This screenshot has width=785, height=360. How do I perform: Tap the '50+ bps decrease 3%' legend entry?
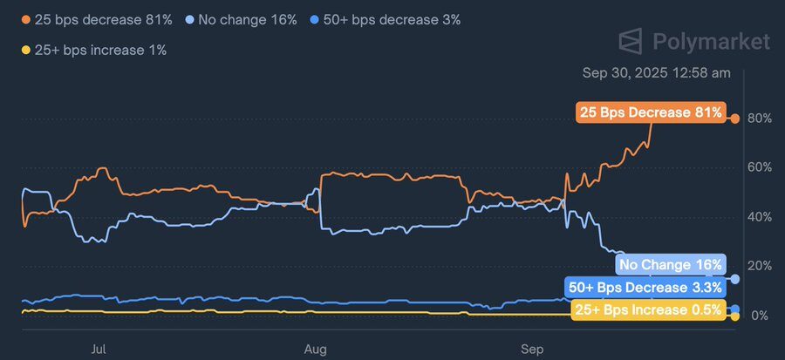click(386, 19)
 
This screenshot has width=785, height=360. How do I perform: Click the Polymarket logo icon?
click(631, 41)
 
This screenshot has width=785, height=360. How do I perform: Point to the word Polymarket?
click(711, 41)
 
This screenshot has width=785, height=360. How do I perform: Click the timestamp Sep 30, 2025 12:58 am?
click(656, 73)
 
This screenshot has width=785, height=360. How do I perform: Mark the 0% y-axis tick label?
click(759, 315)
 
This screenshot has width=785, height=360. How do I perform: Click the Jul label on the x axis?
click(99, 349)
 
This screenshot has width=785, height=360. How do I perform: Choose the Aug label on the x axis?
click(315, 349)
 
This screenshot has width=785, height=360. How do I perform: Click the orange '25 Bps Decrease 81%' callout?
click(652, 112)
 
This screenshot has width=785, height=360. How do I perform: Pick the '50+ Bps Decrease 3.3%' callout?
click(645, 288)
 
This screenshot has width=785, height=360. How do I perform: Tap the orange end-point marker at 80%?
click(735, 119)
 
